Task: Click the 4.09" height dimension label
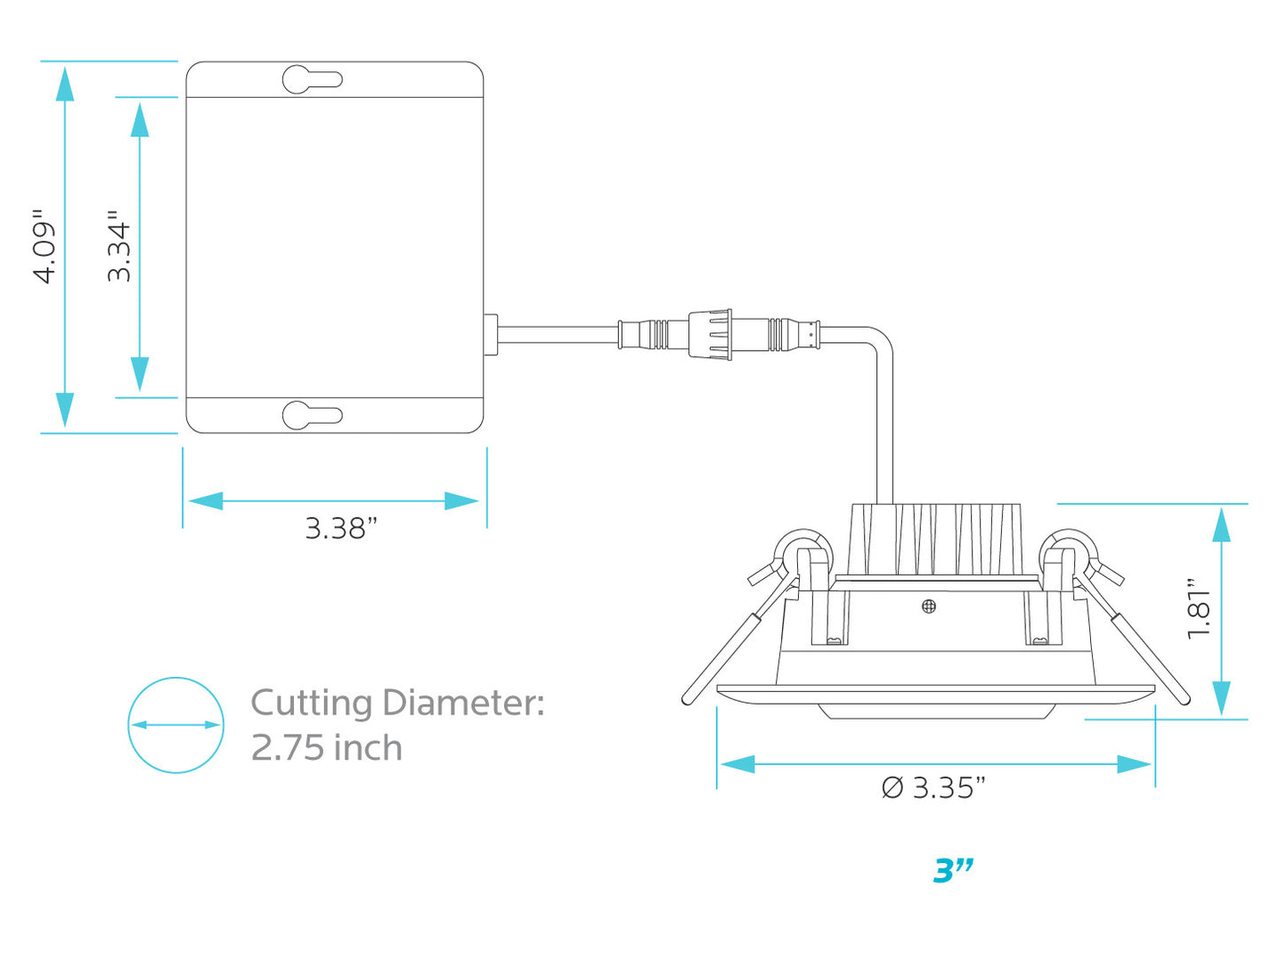[x=45, y=246]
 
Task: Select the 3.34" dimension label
[x=119, y=246]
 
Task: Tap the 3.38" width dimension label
[x=340, y=528]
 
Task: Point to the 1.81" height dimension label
[x=1198, y=608]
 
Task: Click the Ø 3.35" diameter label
[x=933, y=787]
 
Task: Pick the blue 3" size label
[x=953, y=871]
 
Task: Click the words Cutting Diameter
[x=397, y=703]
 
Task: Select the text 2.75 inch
[x=327, y=747]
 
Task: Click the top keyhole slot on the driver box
[x=312, y=79]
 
